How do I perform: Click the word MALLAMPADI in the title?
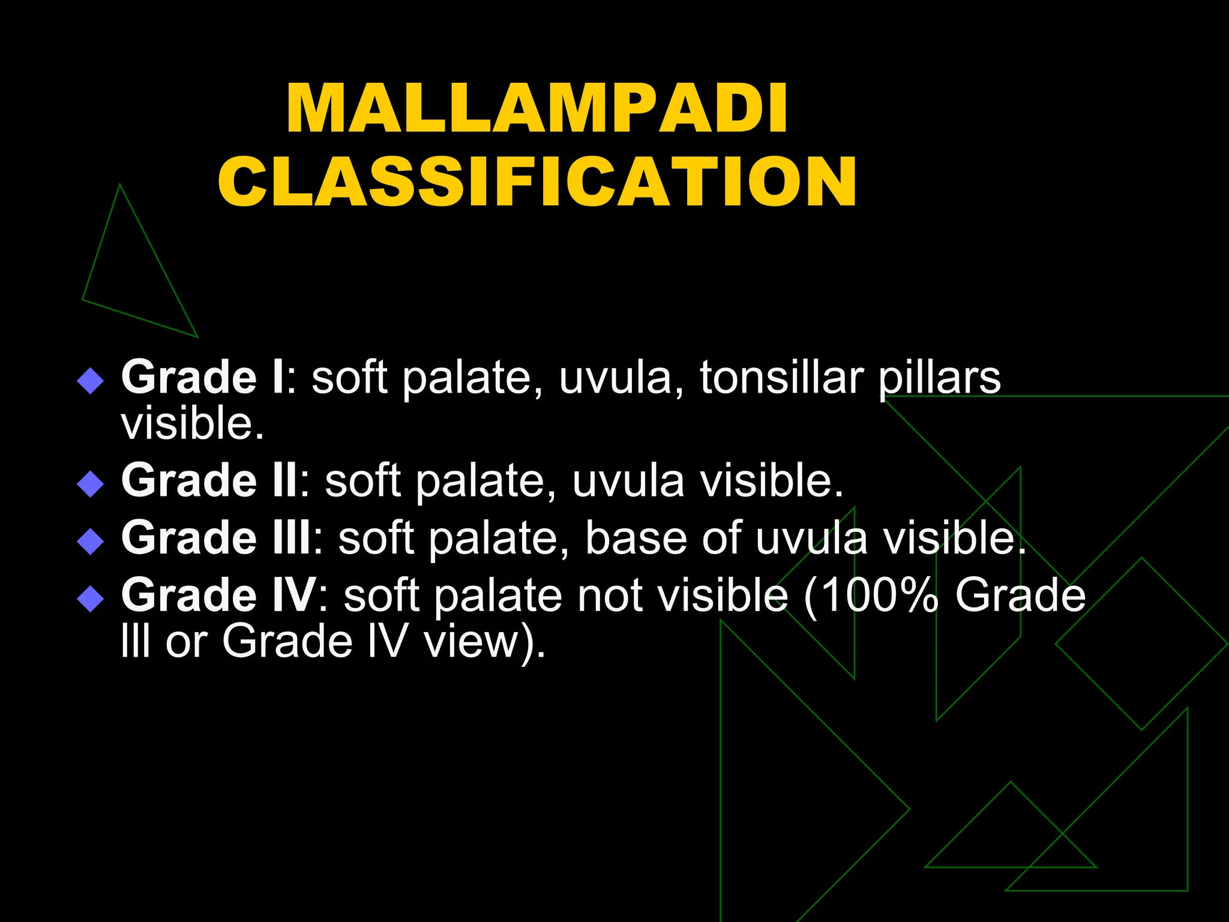click(537, 109)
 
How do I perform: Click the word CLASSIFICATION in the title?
click(537, 181)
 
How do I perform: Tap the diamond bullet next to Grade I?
click(91, 381)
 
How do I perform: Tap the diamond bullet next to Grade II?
click(91, 484)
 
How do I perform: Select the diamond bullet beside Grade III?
click(91, 541)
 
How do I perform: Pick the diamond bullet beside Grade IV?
click(91, 598)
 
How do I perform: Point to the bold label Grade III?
click(216, 537)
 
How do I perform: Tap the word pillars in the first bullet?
click(939, 378)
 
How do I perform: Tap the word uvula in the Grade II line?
click(628, 481)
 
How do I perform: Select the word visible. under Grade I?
click(192, 423)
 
